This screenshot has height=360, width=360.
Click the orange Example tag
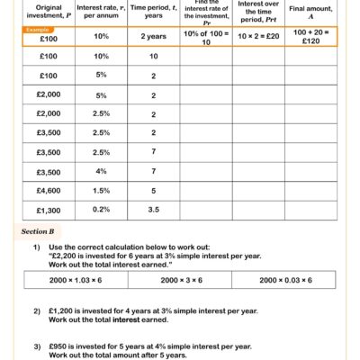38,29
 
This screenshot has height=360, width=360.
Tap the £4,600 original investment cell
49,191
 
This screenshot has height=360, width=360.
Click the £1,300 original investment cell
49,211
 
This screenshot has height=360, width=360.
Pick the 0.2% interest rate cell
101,211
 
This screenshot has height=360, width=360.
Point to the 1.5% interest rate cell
101,191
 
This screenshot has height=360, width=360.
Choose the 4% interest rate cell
101,172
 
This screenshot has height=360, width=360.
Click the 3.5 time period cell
153,211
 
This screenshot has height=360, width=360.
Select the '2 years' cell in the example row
153,37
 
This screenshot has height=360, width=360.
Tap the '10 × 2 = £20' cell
257,37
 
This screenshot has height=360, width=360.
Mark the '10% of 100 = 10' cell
206,37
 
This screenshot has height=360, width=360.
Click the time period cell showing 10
153,56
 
